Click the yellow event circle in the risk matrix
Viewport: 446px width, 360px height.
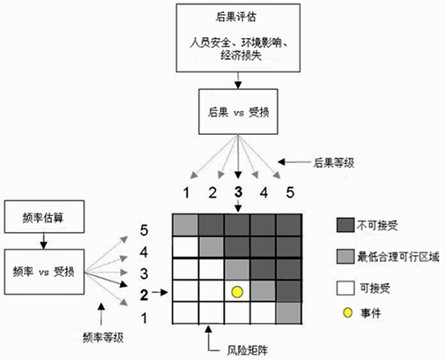[x=237, y=292]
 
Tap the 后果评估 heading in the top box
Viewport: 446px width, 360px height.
[x=235, y=17]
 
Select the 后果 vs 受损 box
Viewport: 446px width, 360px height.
[x=238, y=112]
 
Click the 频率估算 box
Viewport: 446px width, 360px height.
[x=44, y=217]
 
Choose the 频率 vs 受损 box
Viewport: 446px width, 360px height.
[x=44, y=272]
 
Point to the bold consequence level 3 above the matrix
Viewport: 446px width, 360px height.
[x=238, y=192]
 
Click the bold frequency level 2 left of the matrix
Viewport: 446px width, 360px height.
[x=144, y=295]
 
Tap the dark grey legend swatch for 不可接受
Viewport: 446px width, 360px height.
[x=346, y=225]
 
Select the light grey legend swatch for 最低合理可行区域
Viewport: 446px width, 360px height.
[x=346, y=256]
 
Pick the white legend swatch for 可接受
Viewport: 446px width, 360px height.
[x=346, y=288]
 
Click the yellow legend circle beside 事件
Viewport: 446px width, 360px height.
[x=347, y=312]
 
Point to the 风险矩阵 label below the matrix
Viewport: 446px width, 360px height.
[x=247, y=350]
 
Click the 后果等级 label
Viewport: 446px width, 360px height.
[x=333, y=162]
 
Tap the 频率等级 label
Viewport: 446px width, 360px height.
[x=103, y=338]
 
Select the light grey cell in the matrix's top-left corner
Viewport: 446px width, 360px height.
[x=185, y=226]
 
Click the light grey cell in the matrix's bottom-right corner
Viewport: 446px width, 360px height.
[x=289, y=313]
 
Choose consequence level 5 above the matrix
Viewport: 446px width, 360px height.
[x=290, y=192]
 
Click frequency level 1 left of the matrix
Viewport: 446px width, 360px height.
[x=144, y=319]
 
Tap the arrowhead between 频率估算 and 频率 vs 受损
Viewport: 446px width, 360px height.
[x=43, y=245]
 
